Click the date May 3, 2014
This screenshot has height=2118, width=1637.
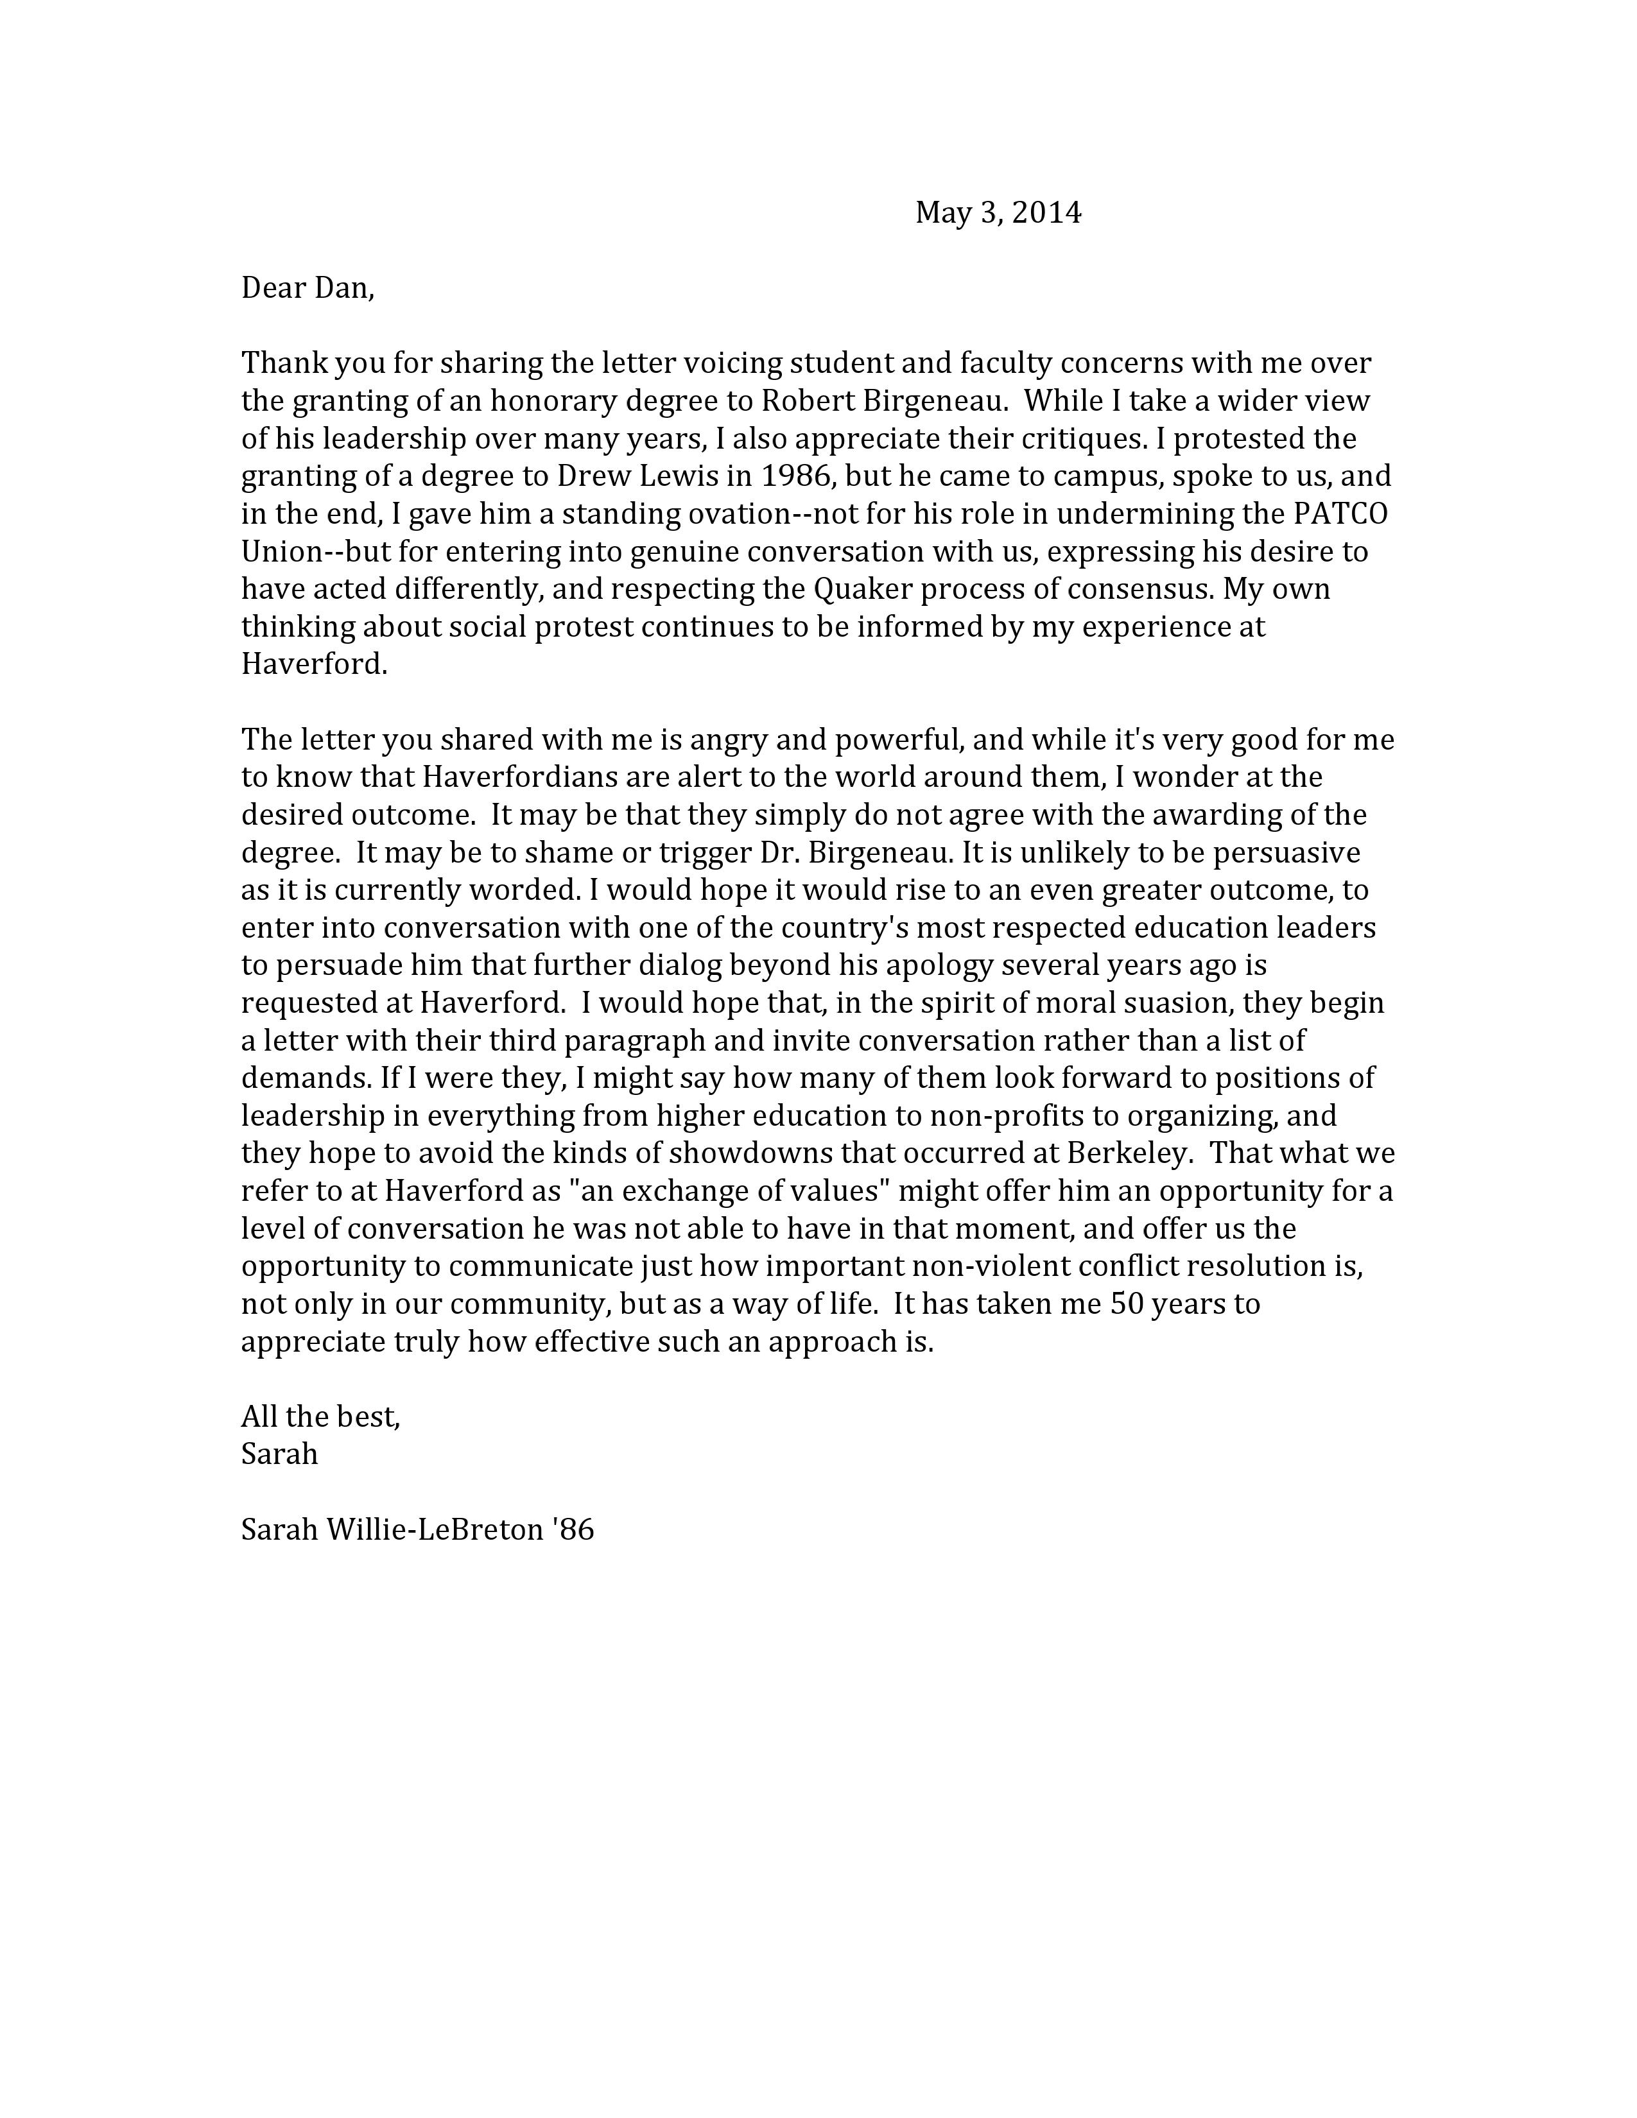(998, 212)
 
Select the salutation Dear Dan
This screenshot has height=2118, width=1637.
(306, 288)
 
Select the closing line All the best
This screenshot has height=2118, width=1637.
(320, 1417)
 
